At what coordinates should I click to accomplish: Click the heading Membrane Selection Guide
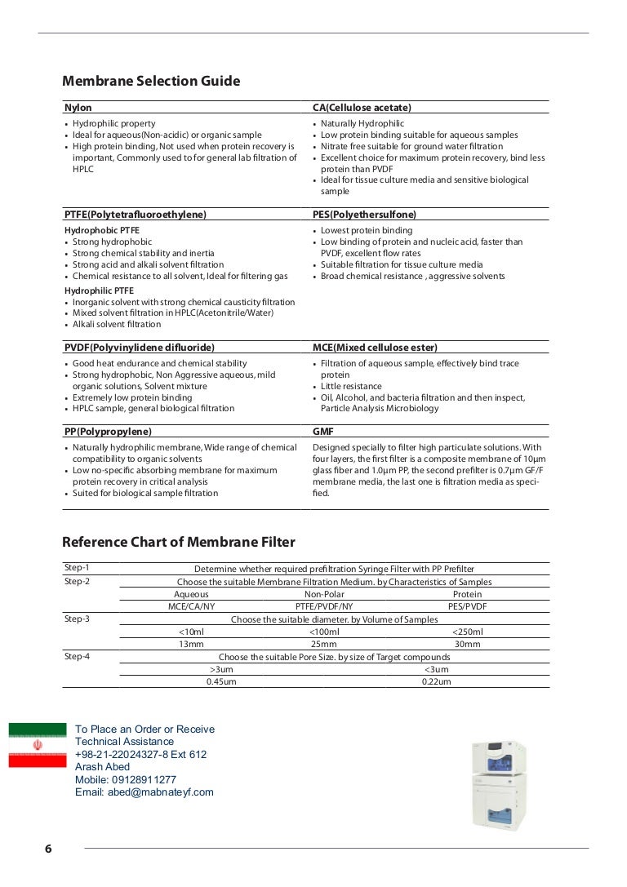151,81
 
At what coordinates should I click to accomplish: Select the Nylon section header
78,108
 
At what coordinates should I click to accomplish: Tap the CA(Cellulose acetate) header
362,108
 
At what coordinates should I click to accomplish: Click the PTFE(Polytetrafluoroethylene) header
135,215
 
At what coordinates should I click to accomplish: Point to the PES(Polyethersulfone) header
364,215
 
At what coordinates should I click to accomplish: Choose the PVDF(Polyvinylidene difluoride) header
139,348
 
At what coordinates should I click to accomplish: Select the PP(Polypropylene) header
108,431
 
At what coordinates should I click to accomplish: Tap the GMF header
323,431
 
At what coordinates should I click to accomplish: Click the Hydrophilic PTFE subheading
99,290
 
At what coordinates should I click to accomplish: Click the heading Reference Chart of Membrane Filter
179,542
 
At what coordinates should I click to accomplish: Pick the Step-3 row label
78,619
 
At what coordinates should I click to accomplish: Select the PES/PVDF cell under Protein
467,606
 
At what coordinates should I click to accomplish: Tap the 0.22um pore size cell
436,681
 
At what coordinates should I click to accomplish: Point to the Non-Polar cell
324,594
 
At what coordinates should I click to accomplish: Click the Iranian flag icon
38,745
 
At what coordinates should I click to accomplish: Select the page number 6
48,849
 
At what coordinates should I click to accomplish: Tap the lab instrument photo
500,784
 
